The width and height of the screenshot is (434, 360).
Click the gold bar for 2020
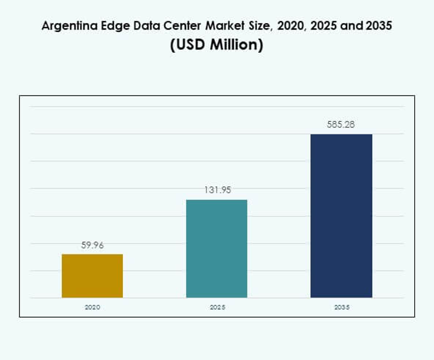click(x=92, y=276)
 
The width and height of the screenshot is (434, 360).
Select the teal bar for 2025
click(x=216, y=249)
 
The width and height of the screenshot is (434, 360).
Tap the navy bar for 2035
click(x=341, y=216)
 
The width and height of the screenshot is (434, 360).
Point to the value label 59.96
click(x=92, y=246)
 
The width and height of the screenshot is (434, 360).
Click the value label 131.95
click(x=216, y=190)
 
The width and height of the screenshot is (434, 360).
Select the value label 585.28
click(x=341, y=125)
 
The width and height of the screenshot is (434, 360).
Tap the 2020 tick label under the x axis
click(x=92, y=307)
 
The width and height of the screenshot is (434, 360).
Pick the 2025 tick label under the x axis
click(x=216, y=307)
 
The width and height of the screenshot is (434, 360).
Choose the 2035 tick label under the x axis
click(x=341, y=307)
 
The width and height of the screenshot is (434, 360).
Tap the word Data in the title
click(x=139, y=26)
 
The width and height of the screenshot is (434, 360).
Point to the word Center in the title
click(x=173, y=26)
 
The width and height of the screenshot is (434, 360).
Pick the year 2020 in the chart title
click(x=279, y=26)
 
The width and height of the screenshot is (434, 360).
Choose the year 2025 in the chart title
click(x=312, y=26)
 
